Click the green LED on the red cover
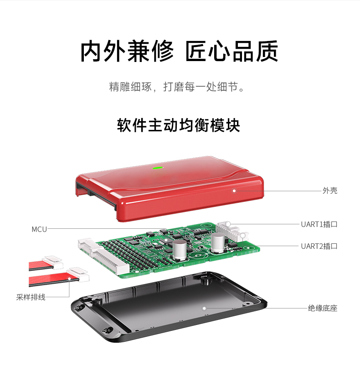(x=158, y=167)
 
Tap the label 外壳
(x=329, y=191)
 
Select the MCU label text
(x=39, y=229)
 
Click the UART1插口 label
(x=319, y=224)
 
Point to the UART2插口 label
(x=319, y=246)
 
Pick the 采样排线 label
(x=31, y=297)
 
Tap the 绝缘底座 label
(x=322, y=308)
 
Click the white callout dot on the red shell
(x=235, y=191)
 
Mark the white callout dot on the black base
(x=205, y=308)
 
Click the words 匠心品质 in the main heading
(x=231, y=51)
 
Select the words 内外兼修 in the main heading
(x=127, y=51)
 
